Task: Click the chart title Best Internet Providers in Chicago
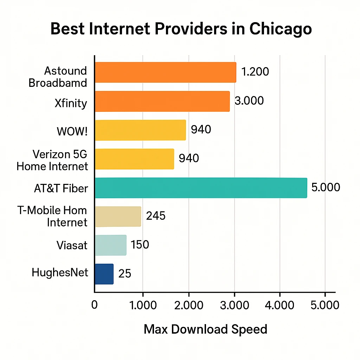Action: coord(181,29)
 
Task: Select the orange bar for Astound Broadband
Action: coord(165,72)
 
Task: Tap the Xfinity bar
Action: coord(162,101)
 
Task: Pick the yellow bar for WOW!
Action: coord(140,130)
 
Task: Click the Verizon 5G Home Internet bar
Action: coord(134,159)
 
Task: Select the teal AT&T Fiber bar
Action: coord(201,188)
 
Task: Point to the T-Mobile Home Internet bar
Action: coord(118,217)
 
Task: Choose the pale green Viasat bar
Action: coord(110,245)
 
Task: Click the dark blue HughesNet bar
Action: coord(104,274)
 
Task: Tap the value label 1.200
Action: coord(255,72)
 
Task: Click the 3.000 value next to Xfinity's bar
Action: coord(249,101)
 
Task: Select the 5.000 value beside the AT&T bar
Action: coord(326,187)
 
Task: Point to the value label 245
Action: coord(155,216)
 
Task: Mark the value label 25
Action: coord(124,274)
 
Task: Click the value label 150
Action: coord(140,245)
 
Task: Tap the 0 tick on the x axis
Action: coord(94,304)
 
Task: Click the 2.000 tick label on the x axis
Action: coord(188,304)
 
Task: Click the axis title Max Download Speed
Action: coord(205,329)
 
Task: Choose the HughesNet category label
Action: coord(59,272)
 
